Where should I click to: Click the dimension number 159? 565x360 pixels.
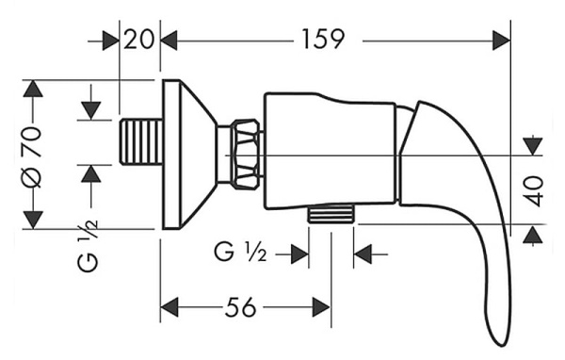[x=324, y=40]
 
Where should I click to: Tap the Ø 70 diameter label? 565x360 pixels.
[x=33, y=155]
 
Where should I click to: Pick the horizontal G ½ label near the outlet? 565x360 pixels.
[x=243, y=253]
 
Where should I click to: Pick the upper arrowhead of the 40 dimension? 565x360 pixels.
[x=534, y=145]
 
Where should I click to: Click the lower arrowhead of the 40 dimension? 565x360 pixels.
[x=534, y=232]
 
